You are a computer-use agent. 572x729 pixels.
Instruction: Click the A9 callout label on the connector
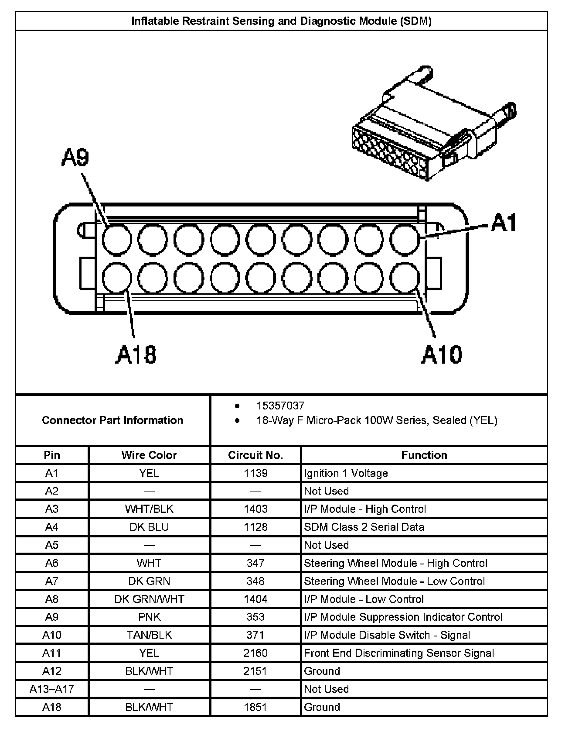(75, 158)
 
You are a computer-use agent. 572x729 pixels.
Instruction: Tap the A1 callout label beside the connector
(504, 222)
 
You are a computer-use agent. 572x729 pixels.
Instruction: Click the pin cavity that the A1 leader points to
(405, 240)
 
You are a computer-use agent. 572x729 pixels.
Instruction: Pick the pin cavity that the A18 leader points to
(117, 278)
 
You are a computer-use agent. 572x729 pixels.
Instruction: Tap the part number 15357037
(280, 406)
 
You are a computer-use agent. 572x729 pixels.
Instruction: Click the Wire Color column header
(149, 455)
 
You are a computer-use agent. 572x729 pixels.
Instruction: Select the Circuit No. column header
(255, 455)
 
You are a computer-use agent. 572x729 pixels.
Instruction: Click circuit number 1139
(255, 473)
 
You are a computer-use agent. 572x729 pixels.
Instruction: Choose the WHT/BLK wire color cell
(149, 509)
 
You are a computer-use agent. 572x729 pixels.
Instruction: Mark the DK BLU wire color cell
(149, 527)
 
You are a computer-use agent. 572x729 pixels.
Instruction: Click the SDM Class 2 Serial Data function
(364, 527)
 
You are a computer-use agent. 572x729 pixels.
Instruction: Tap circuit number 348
(255, 581)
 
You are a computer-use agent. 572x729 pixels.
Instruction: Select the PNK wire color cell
(149, 617)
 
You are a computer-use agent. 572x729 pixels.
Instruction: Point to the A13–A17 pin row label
(52, 689)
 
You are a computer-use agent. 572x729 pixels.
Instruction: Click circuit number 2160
(255, 653)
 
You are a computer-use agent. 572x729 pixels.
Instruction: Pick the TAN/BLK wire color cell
(149, 635)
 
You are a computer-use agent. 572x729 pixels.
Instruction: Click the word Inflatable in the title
(156, 21)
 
